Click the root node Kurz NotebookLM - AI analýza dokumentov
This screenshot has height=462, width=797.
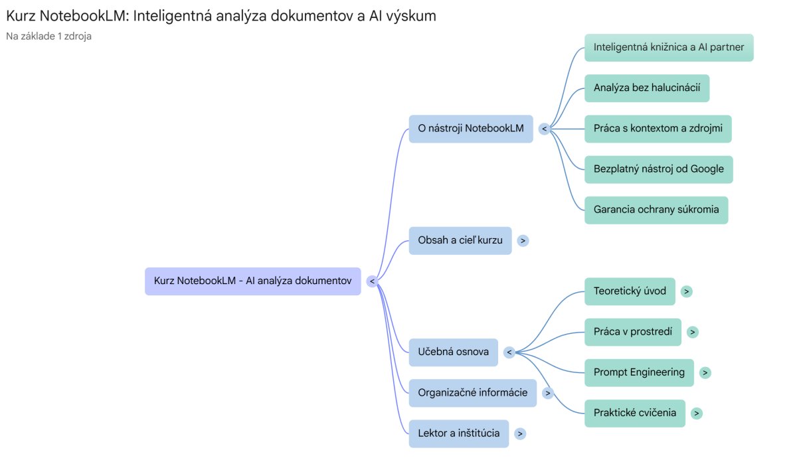252,281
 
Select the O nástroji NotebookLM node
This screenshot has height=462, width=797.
470,128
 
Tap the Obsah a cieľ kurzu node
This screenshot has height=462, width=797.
460,240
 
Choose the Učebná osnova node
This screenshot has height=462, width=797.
453,352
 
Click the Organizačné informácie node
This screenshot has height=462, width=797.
472,392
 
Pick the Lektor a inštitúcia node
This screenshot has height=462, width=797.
458,433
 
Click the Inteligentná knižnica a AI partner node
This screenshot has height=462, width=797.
669,47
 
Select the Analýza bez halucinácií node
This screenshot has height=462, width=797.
647,88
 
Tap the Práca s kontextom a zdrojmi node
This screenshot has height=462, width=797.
658,128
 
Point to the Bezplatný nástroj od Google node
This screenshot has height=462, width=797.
658,169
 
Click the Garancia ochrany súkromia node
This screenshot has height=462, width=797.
656,210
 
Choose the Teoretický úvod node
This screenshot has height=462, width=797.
630,291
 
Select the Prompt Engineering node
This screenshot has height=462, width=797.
639,372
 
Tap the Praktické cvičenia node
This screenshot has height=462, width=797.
635,413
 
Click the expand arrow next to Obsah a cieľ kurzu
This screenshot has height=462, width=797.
523,240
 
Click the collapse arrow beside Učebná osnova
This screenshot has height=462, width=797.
509,352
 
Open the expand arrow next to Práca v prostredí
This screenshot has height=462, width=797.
693,332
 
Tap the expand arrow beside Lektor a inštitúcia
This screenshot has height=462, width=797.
520,433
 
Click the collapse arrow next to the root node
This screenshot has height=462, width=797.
372,281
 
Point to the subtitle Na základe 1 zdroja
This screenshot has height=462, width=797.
48,36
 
